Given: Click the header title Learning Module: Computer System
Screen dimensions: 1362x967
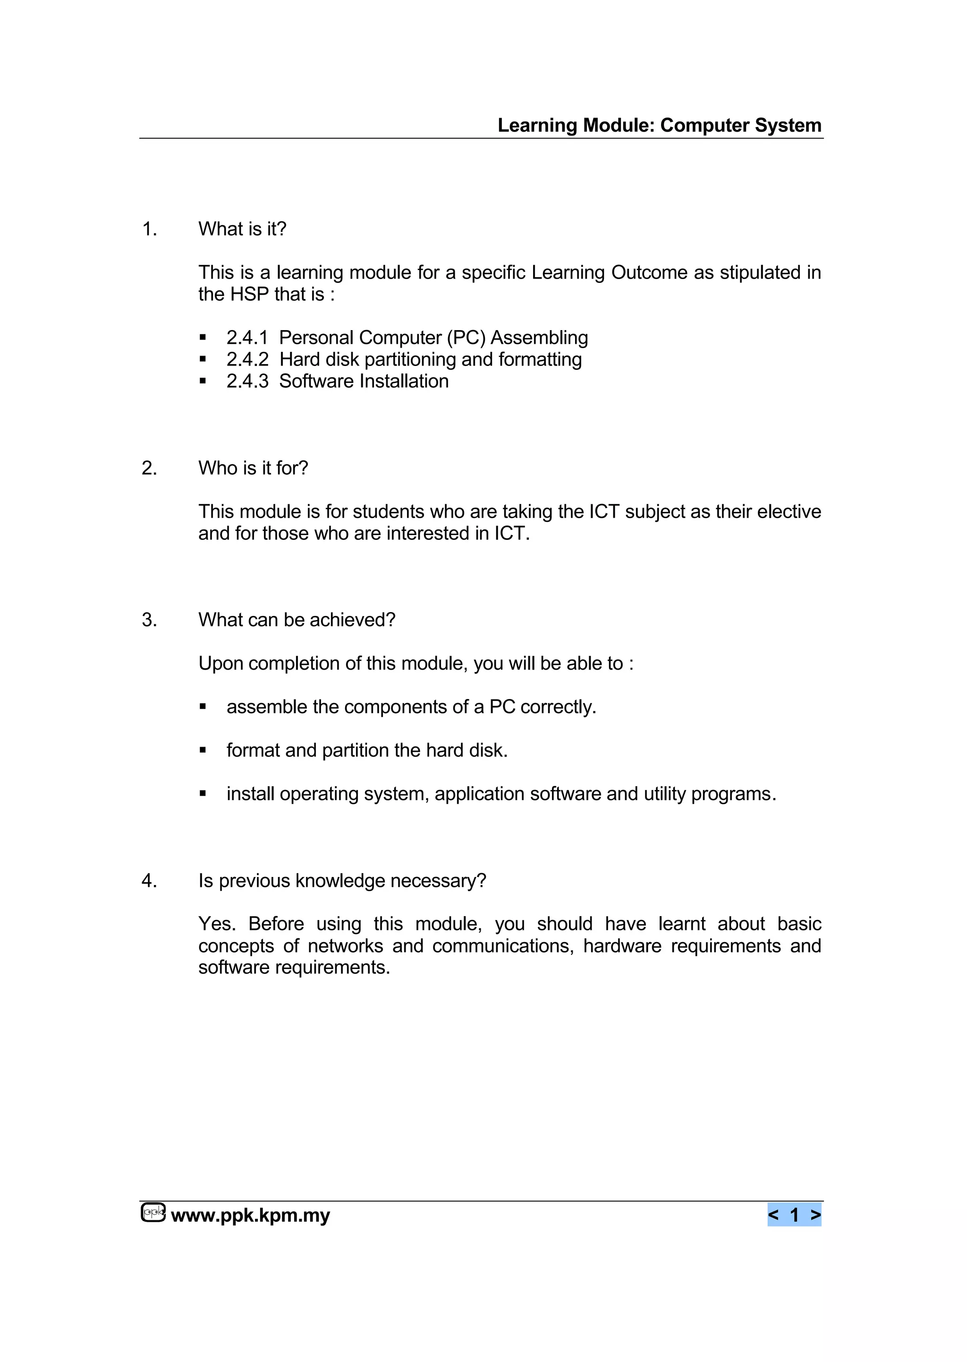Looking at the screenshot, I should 659,126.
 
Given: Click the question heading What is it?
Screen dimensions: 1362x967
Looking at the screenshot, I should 242,230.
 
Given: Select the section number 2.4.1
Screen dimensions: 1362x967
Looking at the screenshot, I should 247,338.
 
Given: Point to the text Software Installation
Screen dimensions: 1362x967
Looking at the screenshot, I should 364,381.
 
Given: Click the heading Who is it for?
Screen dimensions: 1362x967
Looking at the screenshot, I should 253,468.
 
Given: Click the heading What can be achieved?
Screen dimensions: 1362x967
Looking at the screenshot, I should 297,620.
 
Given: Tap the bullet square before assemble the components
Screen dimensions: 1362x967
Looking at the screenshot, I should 203,707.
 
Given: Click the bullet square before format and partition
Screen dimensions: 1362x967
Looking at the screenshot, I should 203,750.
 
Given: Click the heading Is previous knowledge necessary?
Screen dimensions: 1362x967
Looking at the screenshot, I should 342,881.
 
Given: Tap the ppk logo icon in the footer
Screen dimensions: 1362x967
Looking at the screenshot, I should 153,1212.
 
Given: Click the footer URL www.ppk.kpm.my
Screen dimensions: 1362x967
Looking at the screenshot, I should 250,1215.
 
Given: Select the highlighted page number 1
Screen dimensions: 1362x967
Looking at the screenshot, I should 794,1215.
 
